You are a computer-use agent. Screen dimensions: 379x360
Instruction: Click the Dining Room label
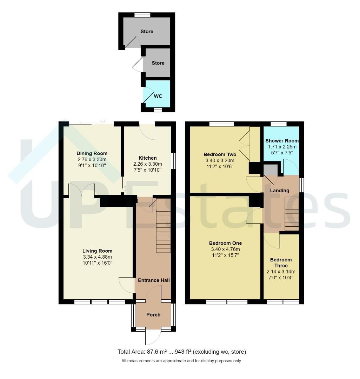tap(92, 153)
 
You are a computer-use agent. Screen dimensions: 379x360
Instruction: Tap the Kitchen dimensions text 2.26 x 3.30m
tap(147, 164)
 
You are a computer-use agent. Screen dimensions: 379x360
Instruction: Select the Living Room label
tap(97, 251)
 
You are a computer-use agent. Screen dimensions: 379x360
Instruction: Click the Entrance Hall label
tap(153, 280)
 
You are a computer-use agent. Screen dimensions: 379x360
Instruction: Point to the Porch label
tap(153, 314)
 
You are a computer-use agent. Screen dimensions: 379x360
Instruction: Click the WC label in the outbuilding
tap(158, 96)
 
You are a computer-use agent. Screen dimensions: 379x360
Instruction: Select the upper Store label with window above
tap(147, 31)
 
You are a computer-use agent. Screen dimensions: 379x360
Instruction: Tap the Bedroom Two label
tap(220, 154)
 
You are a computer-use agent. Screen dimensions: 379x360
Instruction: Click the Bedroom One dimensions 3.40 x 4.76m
tap(225, 249)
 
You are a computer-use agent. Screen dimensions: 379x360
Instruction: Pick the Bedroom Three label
tap(281, 262)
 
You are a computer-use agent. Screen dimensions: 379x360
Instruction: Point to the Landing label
tap(279, 191)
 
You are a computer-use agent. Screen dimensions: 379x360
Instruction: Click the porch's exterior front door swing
tap(153, 337)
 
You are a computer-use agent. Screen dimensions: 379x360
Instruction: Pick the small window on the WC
tap(158, 110)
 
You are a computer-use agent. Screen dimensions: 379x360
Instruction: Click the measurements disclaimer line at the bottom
tap(181, 361)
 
